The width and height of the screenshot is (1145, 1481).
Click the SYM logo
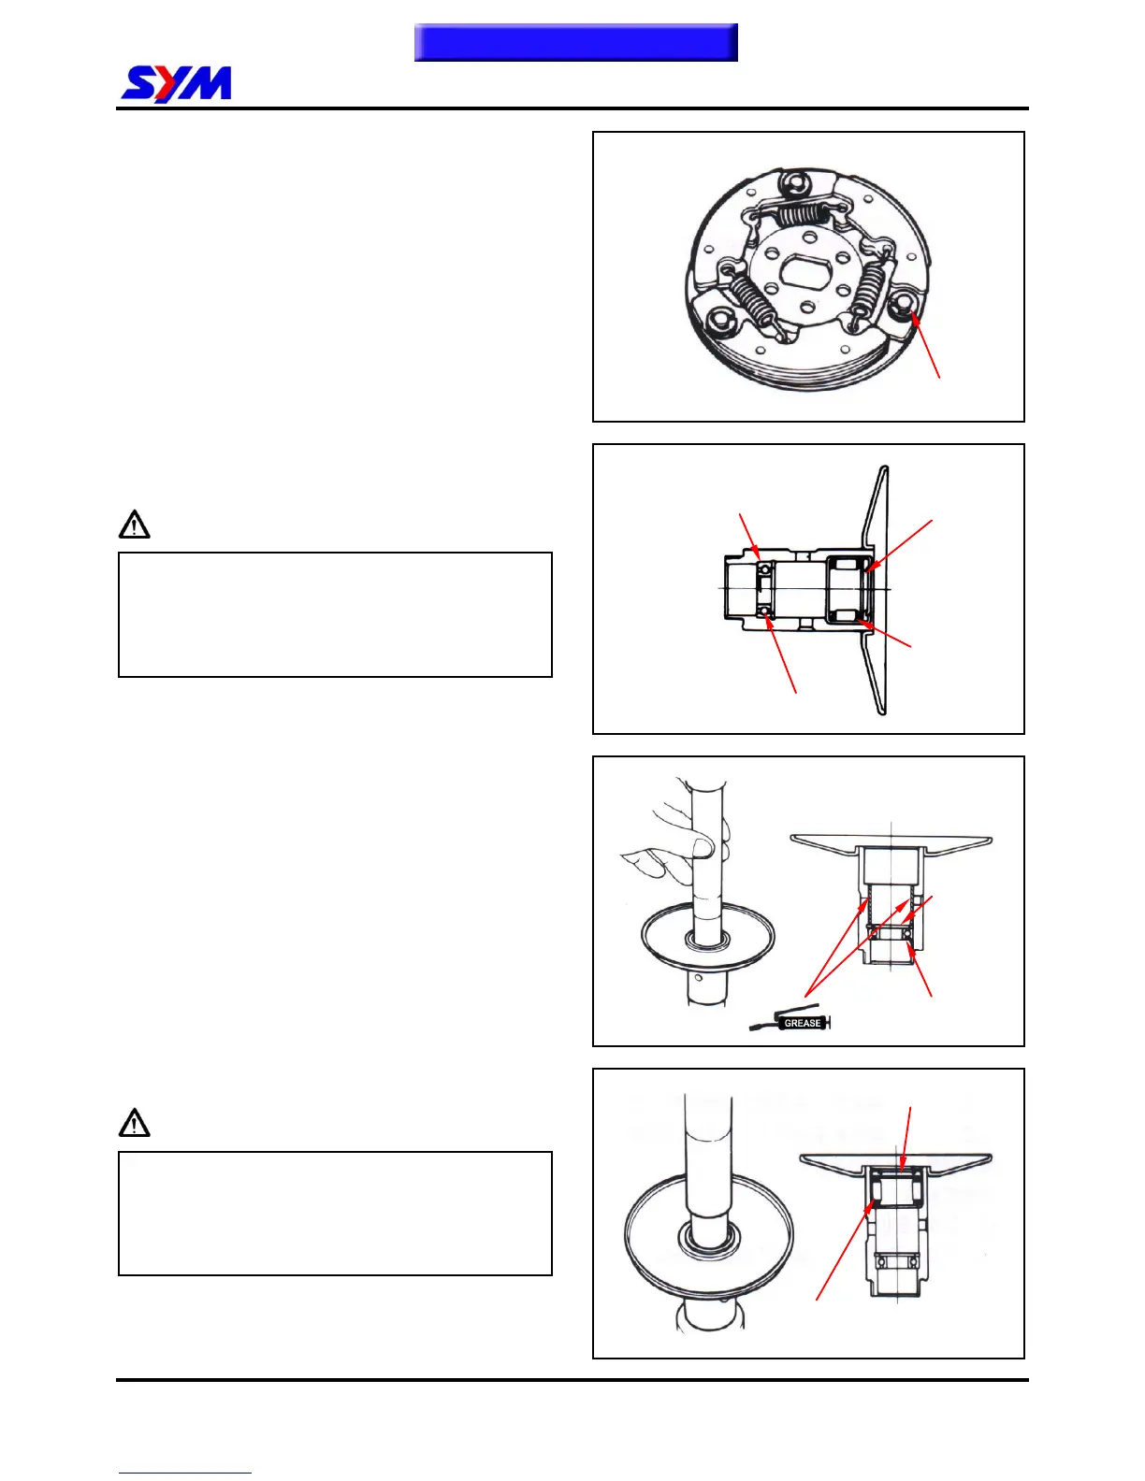click(x=177, y=84)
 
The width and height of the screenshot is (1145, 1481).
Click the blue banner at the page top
click(x=575, y=43)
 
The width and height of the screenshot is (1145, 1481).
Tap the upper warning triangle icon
click(x=135, y=525)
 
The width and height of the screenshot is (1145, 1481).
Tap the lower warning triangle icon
click(x=135, y=1122)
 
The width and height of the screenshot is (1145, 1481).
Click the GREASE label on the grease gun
click(x=802, y=1023)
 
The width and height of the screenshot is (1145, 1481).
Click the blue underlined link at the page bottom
click(x=184, y=1473)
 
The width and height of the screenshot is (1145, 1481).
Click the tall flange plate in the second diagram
click(x=877, y=589)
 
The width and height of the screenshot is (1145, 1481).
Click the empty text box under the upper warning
click(x=335, y=614)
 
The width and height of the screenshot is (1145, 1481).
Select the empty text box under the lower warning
click(x=335, y=1213)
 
